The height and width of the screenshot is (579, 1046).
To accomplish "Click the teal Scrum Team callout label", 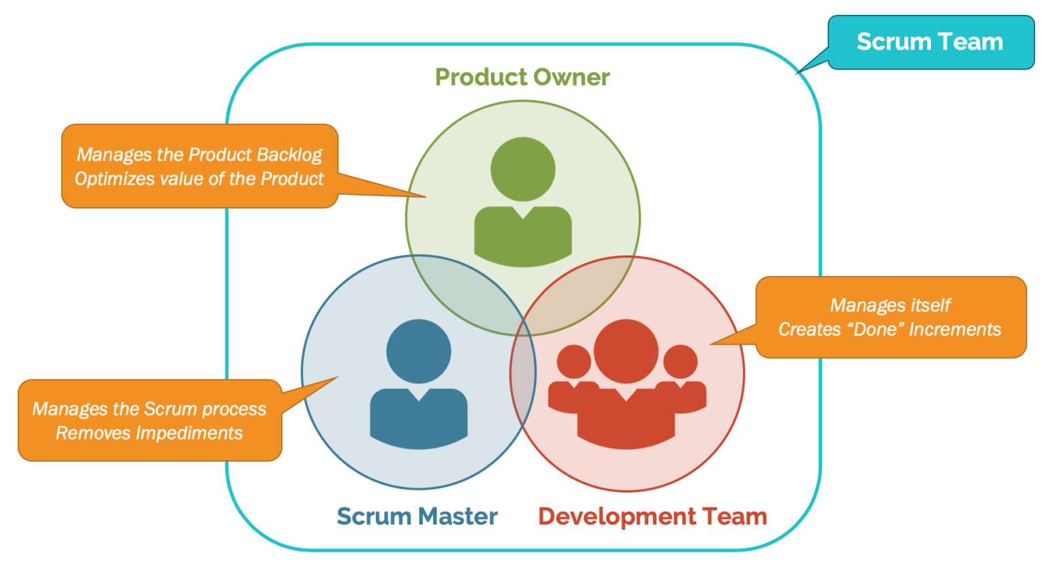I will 930,42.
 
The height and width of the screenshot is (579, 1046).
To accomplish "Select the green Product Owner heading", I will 522,77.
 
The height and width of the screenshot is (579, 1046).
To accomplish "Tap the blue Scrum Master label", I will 417,516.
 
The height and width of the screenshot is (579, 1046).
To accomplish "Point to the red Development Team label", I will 652,516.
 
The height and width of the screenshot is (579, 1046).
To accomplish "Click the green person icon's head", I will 523,169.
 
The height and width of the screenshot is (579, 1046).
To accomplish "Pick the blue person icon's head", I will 418,351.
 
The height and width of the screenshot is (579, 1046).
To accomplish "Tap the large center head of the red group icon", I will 626,351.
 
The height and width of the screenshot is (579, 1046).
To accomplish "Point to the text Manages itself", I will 890,305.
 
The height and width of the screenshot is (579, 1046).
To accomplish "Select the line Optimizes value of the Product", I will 199,179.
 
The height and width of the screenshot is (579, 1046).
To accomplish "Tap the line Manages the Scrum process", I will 149,409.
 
